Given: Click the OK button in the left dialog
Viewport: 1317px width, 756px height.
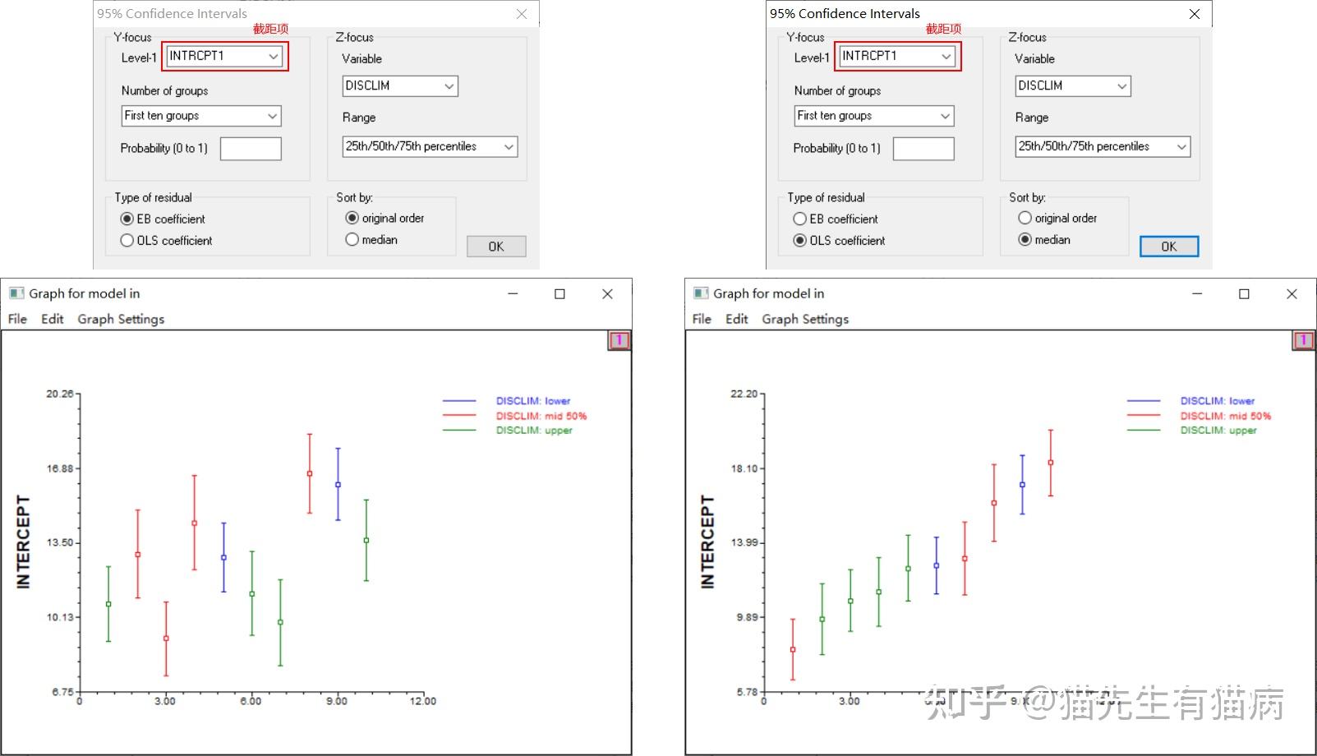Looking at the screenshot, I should (496, 247).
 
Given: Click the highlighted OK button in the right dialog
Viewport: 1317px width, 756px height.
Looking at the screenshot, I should (1168, 247).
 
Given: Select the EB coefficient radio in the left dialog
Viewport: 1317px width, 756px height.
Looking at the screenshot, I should (127, 219).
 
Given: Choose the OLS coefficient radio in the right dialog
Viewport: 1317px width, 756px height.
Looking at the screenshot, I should (799, 241).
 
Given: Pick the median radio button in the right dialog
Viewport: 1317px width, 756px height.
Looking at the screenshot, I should (1025, 240).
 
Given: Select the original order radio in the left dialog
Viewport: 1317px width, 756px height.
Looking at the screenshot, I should (352, 219).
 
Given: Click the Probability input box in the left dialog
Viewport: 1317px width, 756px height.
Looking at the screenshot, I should (251, 149).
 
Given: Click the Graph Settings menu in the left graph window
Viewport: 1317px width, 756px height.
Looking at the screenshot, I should (121, 319).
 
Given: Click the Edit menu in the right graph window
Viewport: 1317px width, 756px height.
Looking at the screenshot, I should (736, 319).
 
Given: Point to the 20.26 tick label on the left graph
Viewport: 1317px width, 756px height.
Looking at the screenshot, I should (59, 394).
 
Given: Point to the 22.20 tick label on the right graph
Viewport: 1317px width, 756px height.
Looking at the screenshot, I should (744, 394).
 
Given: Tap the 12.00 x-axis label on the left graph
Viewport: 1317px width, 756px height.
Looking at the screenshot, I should (423, 701).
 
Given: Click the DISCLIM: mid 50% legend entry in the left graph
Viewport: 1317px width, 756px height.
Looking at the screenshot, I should (541, 416).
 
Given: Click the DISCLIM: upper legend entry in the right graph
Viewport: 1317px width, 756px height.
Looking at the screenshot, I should (1218, 431).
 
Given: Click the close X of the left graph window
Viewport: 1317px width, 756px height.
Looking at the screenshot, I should (607, 294).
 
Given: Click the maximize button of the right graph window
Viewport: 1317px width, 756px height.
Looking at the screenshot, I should (1244, 294).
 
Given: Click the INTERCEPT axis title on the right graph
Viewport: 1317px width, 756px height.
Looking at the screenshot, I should (707, 542).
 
